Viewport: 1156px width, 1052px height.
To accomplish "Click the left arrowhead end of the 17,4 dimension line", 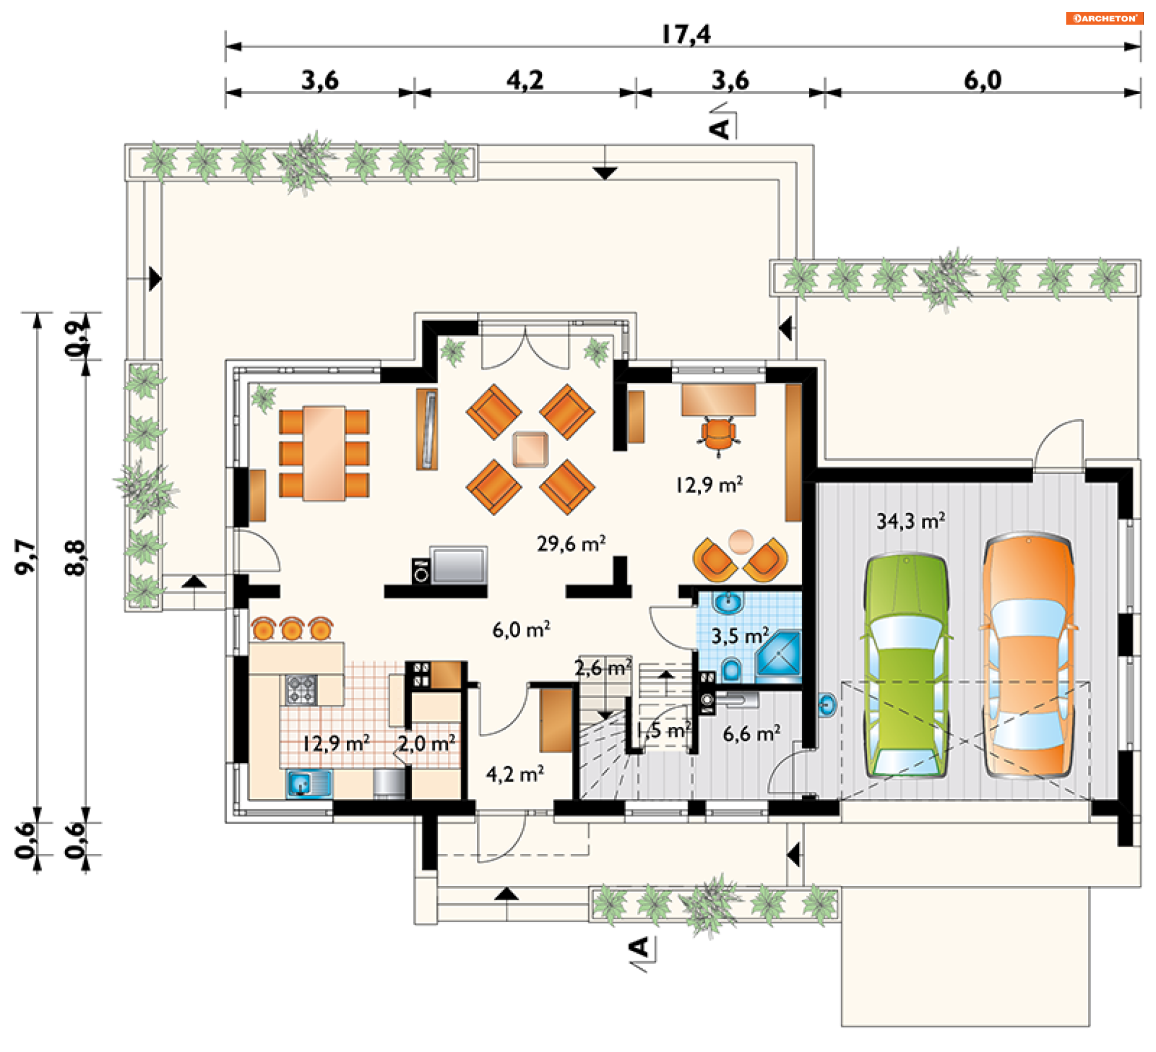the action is pyautogui.click(x=226, y=46).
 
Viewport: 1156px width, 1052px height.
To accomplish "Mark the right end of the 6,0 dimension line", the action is pyautogui.click(x=1140, y=93).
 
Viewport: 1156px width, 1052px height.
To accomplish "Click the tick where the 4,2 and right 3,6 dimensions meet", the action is pyautogui.click(x=636, y=93).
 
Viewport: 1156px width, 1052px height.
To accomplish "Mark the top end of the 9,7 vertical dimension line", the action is pyautogui.click(x=38, y=313).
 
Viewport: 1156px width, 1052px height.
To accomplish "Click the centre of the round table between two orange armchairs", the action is pyautogui.click(x=741, y=541).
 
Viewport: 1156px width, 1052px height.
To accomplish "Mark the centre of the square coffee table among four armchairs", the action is pyautogui.click(x=530, y=449).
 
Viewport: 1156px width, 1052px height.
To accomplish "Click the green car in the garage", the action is pyautogui.click(x=907, y=665).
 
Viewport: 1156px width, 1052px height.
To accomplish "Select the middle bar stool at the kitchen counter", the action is pyautogui.click(x=292, y=628).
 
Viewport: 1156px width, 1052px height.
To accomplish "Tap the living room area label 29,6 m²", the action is pyautogui.click(x=571, y=544).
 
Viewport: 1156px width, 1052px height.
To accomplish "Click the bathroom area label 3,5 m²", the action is pyautogui.click(x=741, y=636).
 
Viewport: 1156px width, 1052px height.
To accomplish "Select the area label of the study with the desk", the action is pyautogui.click(x=709, y=485).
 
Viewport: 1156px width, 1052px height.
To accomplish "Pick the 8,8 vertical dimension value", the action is pyautogui.click(x=75, y=558).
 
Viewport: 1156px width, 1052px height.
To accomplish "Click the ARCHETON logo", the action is pyautogui.click(x=1104, y=18).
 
